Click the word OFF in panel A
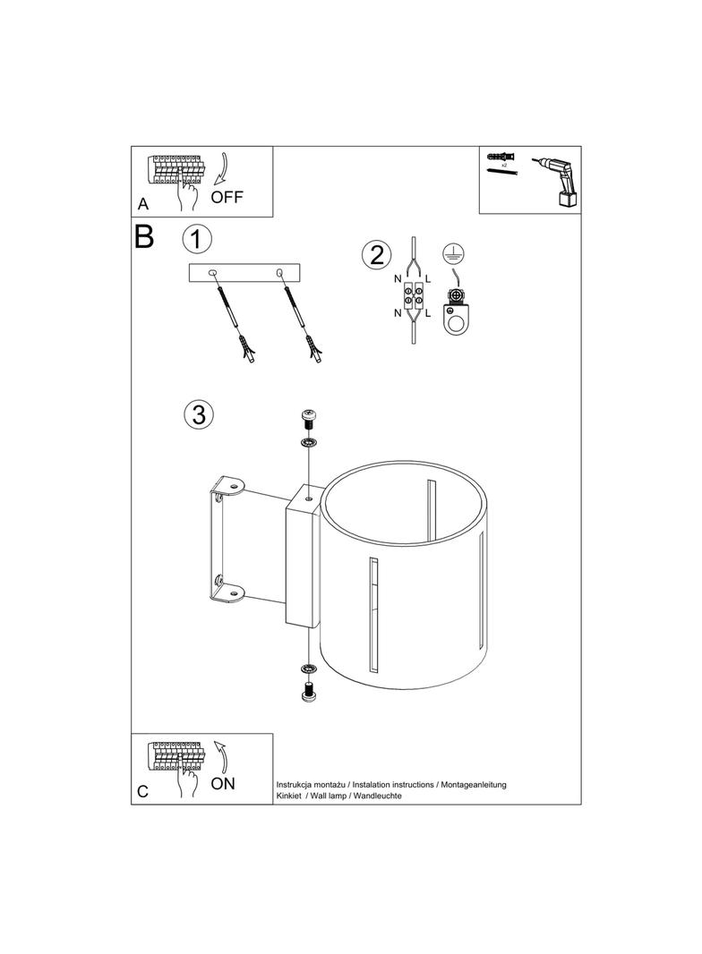point(227,197)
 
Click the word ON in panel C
point(223,784)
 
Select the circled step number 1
point(197,239)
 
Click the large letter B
point(143,236)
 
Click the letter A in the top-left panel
point(143,204)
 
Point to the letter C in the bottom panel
point(142,791)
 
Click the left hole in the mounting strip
point(212,273)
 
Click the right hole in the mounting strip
point(279,272)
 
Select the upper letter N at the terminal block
point(398,279)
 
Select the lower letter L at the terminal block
point(428,313)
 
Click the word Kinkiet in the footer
point(288,796)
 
